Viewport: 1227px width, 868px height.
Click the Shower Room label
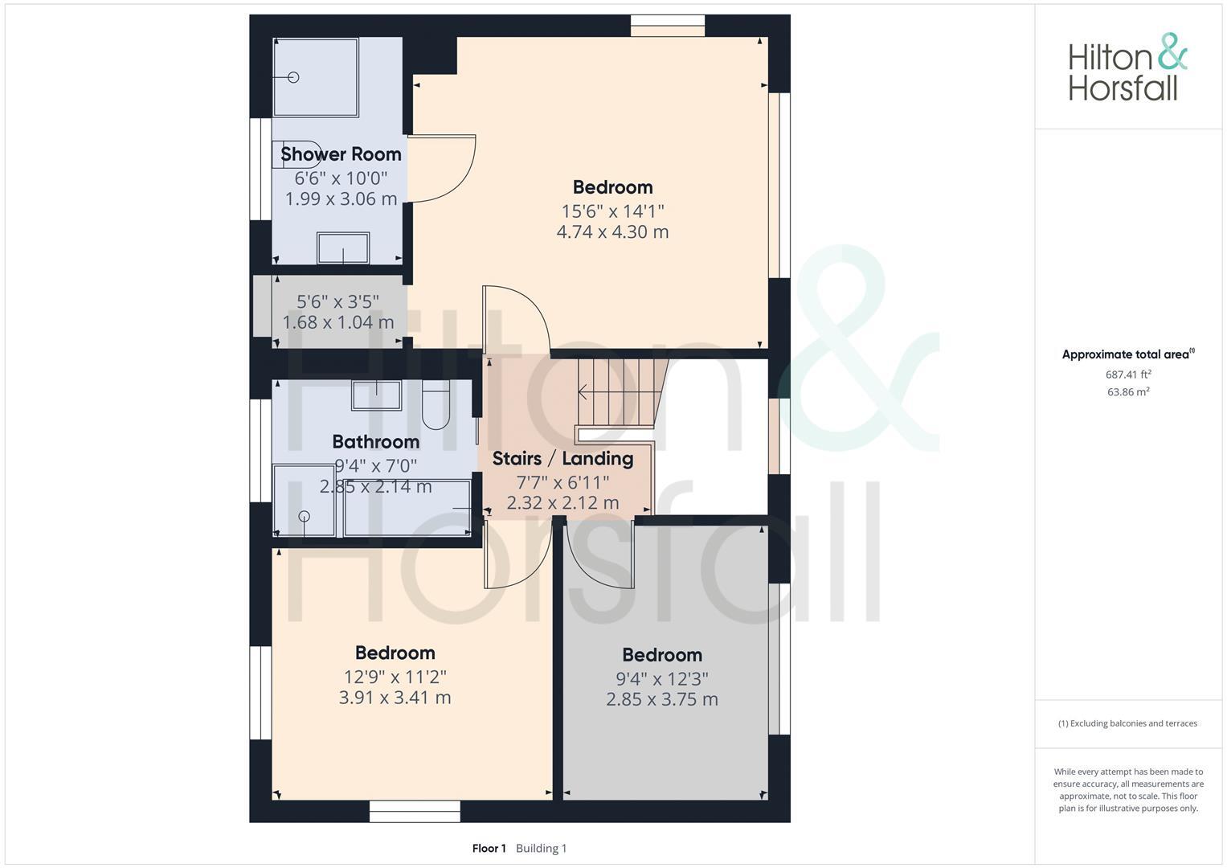click(341, 154)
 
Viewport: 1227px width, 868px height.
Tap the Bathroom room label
click(375, 441)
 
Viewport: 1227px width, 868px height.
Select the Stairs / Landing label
click(562, 458)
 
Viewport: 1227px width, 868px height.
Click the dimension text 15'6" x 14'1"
click(612, 211)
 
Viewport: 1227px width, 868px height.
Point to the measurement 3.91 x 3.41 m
click(395, 698)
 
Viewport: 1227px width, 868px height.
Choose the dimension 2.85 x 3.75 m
click(661, 699)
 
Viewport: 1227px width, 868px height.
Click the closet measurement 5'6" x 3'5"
click(337, 301)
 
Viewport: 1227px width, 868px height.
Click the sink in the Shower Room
click(343, 248)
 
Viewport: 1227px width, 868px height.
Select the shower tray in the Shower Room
click(315, 77)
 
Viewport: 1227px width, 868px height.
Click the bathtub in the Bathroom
click(407, 508)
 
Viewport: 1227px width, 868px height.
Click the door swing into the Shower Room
click(442, 169)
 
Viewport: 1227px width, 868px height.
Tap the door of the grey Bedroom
click(599, 555)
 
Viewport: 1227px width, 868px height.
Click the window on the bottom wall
click(415, 811)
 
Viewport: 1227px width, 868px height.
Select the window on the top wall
click(667, 26)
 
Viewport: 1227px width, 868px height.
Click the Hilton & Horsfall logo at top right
click(1127, 67)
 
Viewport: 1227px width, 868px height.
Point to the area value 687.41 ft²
click(1128, 375)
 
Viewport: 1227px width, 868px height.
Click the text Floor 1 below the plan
click(489, 848)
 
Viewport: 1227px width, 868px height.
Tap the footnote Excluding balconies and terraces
click(1127, 723)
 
